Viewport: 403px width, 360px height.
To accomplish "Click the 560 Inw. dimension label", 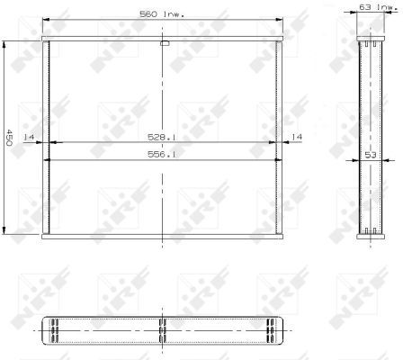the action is pyautogui.click(x=162, y=14).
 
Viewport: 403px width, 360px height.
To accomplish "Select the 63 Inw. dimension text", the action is pyautogui.click(x=379, y=7).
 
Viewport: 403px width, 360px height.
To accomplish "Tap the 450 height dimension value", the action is pyautogui.click(x=9, y=138).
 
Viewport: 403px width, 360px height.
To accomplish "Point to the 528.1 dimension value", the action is pyautogui.click(x=162, y=137).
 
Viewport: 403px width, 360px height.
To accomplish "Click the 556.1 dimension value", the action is pyautogui.click(x=162, y=154).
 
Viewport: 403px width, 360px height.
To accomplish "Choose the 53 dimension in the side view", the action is pyautogui.click(x=371, y=155).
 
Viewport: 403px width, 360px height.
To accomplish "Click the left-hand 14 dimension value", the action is pyautogui.click(x=29, y=137).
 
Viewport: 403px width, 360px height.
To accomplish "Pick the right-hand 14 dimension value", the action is pyautogui.click(x=297, y=137).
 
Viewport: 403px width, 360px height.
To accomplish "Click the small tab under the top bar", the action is pyautogui.click(x=165, y=43).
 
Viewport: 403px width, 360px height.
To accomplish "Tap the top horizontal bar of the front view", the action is pyautogui.click(x=162, y=39).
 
